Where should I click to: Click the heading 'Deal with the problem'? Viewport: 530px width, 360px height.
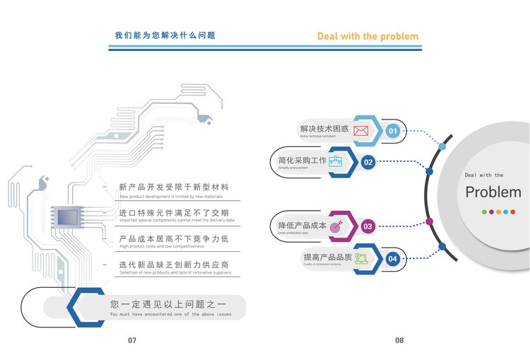point(367,36)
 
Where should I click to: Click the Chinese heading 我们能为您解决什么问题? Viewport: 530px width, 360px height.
point(165,35)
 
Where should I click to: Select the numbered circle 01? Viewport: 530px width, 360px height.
point(393,131)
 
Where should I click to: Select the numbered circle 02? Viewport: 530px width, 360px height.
point(368,162)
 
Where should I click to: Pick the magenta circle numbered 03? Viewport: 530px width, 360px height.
point(367,227)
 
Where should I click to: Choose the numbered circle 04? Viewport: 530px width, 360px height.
point(392,259)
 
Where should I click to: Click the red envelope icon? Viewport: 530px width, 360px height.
point(361,130)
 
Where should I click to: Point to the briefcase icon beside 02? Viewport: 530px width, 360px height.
point(336,161)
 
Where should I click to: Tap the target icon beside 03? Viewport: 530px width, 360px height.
point(336,226)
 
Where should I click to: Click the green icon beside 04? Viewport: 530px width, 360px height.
point(361,258)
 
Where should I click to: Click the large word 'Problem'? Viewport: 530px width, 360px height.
point(493,192)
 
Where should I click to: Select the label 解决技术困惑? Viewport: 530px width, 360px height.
point(324,129)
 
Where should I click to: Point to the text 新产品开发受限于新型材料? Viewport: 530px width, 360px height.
point(174,187)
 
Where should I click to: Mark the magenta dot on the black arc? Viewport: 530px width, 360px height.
point(429,221)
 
